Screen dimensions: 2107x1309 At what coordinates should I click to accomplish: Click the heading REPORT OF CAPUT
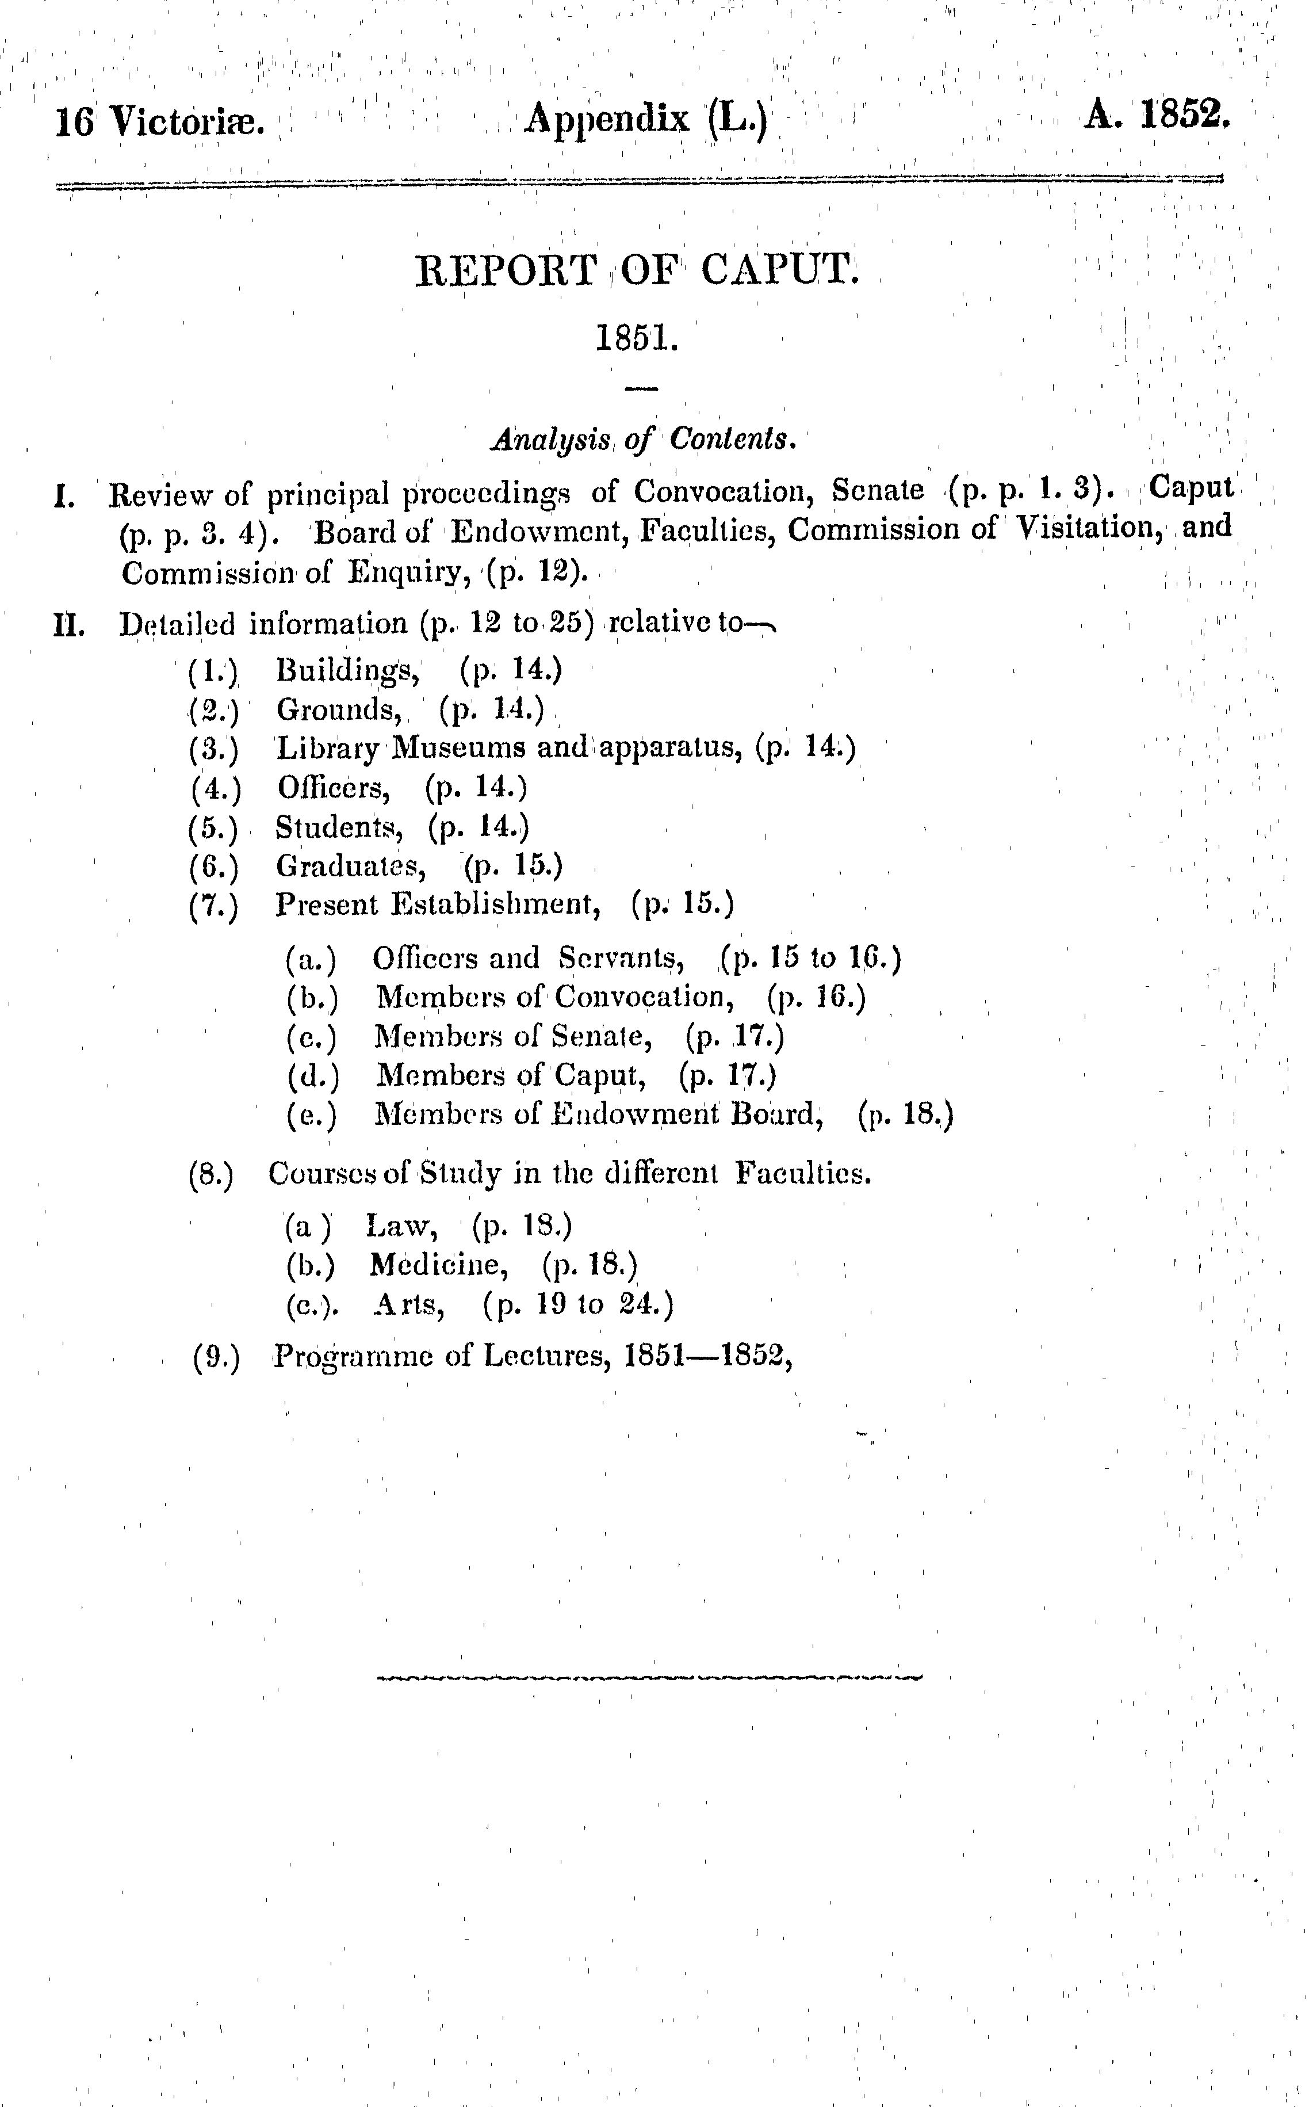point(637,270)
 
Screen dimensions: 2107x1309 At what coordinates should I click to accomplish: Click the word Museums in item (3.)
point(458,747)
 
